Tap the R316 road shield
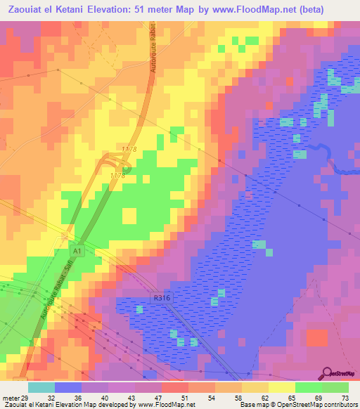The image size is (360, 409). tap(161, 299)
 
